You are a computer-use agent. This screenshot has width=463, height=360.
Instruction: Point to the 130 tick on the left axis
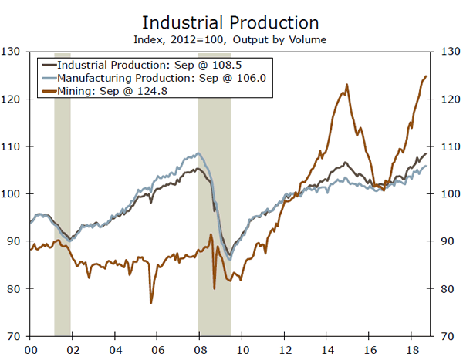pos(12,52)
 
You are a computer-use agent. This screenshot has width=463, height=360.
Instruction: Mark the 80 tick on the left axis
pos(13,289)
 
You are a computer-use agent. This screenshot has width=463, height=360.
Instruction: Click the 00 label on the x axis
pos(30,348)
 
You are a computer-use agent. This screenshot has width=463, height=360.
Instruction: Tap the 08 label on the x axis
pos(200,348)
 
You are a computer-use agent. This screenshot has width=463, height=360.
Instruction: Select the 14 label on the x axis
pos(327,348)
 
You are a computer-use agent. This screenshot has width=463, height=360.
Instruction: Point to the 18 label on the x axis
pos(412,348)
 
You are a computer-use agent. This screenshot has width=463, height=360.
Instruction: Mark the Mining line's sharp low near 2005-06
pos(151,302)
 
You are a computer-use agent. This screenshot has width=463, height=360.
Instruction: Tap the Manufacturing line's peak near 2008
pos(198,153)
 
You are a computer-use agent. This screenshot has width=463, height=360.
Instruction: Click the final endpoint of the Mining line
pos(426,76)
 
